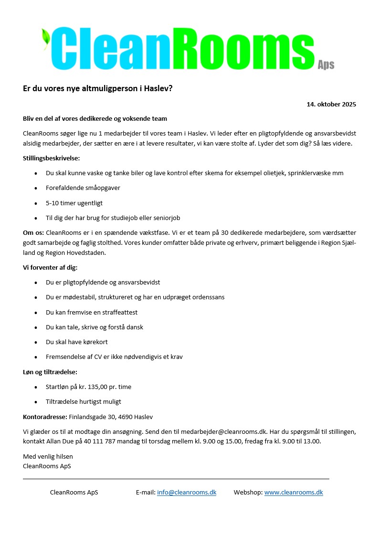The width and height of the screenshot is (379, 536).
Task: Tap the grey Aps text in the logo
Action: [x=326, y=65]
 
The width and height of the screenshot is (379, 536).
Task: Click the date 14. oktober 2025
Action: [x=331, y=104]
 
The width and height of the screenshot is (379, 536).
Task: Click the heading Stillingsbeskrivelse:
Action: [x=52, y=158]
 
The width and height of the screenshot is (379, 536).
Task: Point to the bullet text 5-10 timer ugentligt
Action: [x=74, y=203]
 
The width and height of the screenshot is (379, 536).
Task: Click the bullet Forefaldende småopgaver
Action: [x=83, y=188]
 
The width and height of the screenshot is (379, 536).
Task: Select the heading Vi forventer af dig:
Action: [x=50, y=268]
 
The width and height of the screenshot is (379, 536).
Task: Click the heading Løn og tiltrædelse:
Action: [x=50, y=372]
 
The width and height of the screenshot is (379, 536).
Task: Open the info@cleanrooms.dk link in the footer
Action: [x=187, y=493]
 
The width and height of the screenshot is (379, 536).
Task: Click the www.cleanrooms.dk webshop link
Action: [x=294, y=493]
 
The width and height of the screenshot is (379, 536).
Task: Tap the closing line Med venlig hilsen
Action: [x=48, y=457]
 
